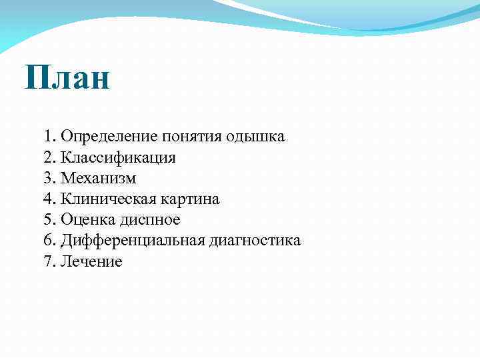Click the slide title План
pyautogui.click(x=67, y=78)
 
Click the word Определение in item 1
pyautogui.click(x=109, y=137)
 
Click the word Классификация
pyautogui.click(x=118, y=158)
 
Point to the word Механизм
pyautogui.click(x=98, y=178)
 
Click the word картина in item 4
pyautogui.click(x=189, y=199)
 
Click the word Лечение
pyautogui.click(x=91, y=261)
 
